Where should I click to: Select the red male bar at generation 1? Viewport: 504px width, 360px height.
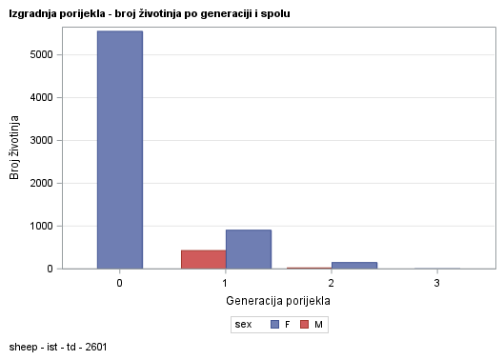(203, 259)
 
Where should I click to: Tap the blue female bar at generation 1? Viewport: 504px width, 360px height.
(248, 249)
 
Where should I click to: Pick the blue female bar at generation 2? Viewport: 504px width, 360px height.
(353, 265)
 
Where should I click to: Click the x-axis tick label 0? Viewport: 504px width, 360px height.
(119, 283)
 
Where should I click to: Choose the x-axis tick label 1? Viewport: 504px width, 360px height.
(225, 283)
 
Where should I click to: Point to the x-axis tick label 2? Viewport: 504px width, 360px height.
(331, 283)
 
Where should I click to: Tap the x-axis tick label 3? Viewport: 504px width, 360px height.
(436, 283)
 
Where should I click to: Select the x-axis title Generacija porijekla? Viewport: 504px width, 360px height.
(277, 300)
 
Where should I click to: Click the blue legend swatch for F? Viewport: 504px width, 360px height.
(274, 325)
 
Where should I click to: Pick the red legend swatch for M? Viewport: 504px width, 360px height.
(304, 325)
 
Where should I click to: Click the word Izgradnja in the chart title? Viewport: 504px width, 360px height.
(32, 14)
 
